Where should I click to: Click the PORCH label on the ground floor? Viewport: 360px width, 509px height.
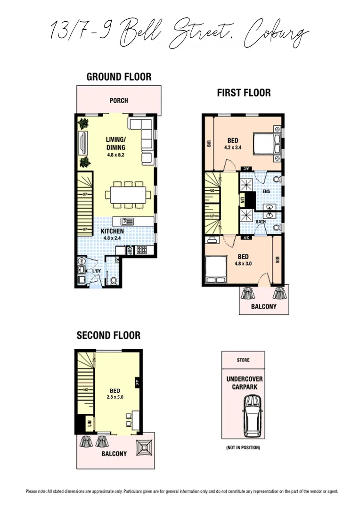[x=119, y=100]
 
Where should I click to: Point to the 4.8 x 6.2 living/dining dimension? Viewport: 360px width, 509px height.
[x=115, y=155]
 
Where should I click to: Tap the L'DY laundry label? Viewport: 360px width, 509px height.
[x=96, y=271]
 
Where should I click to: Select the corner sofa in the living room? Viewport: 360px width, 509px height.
[x=143, y=134]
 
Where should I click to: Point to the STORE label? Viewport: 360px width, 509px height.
[x=244, y=360]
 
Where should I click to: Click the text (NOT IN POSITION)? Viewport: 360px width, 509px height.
[x=244, y=447]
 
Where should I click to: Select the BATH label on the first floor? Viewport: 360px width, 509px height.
[x=260, y=222]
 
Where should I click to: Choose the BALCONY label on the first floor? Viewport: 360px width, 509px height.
[x=264, y=307]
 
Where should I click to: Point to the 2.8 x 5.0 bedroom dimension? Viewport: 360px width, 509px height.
[x=115, y=397]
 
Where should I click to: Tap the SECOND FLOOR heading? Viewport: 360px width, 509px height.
[x=108, y=336]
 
